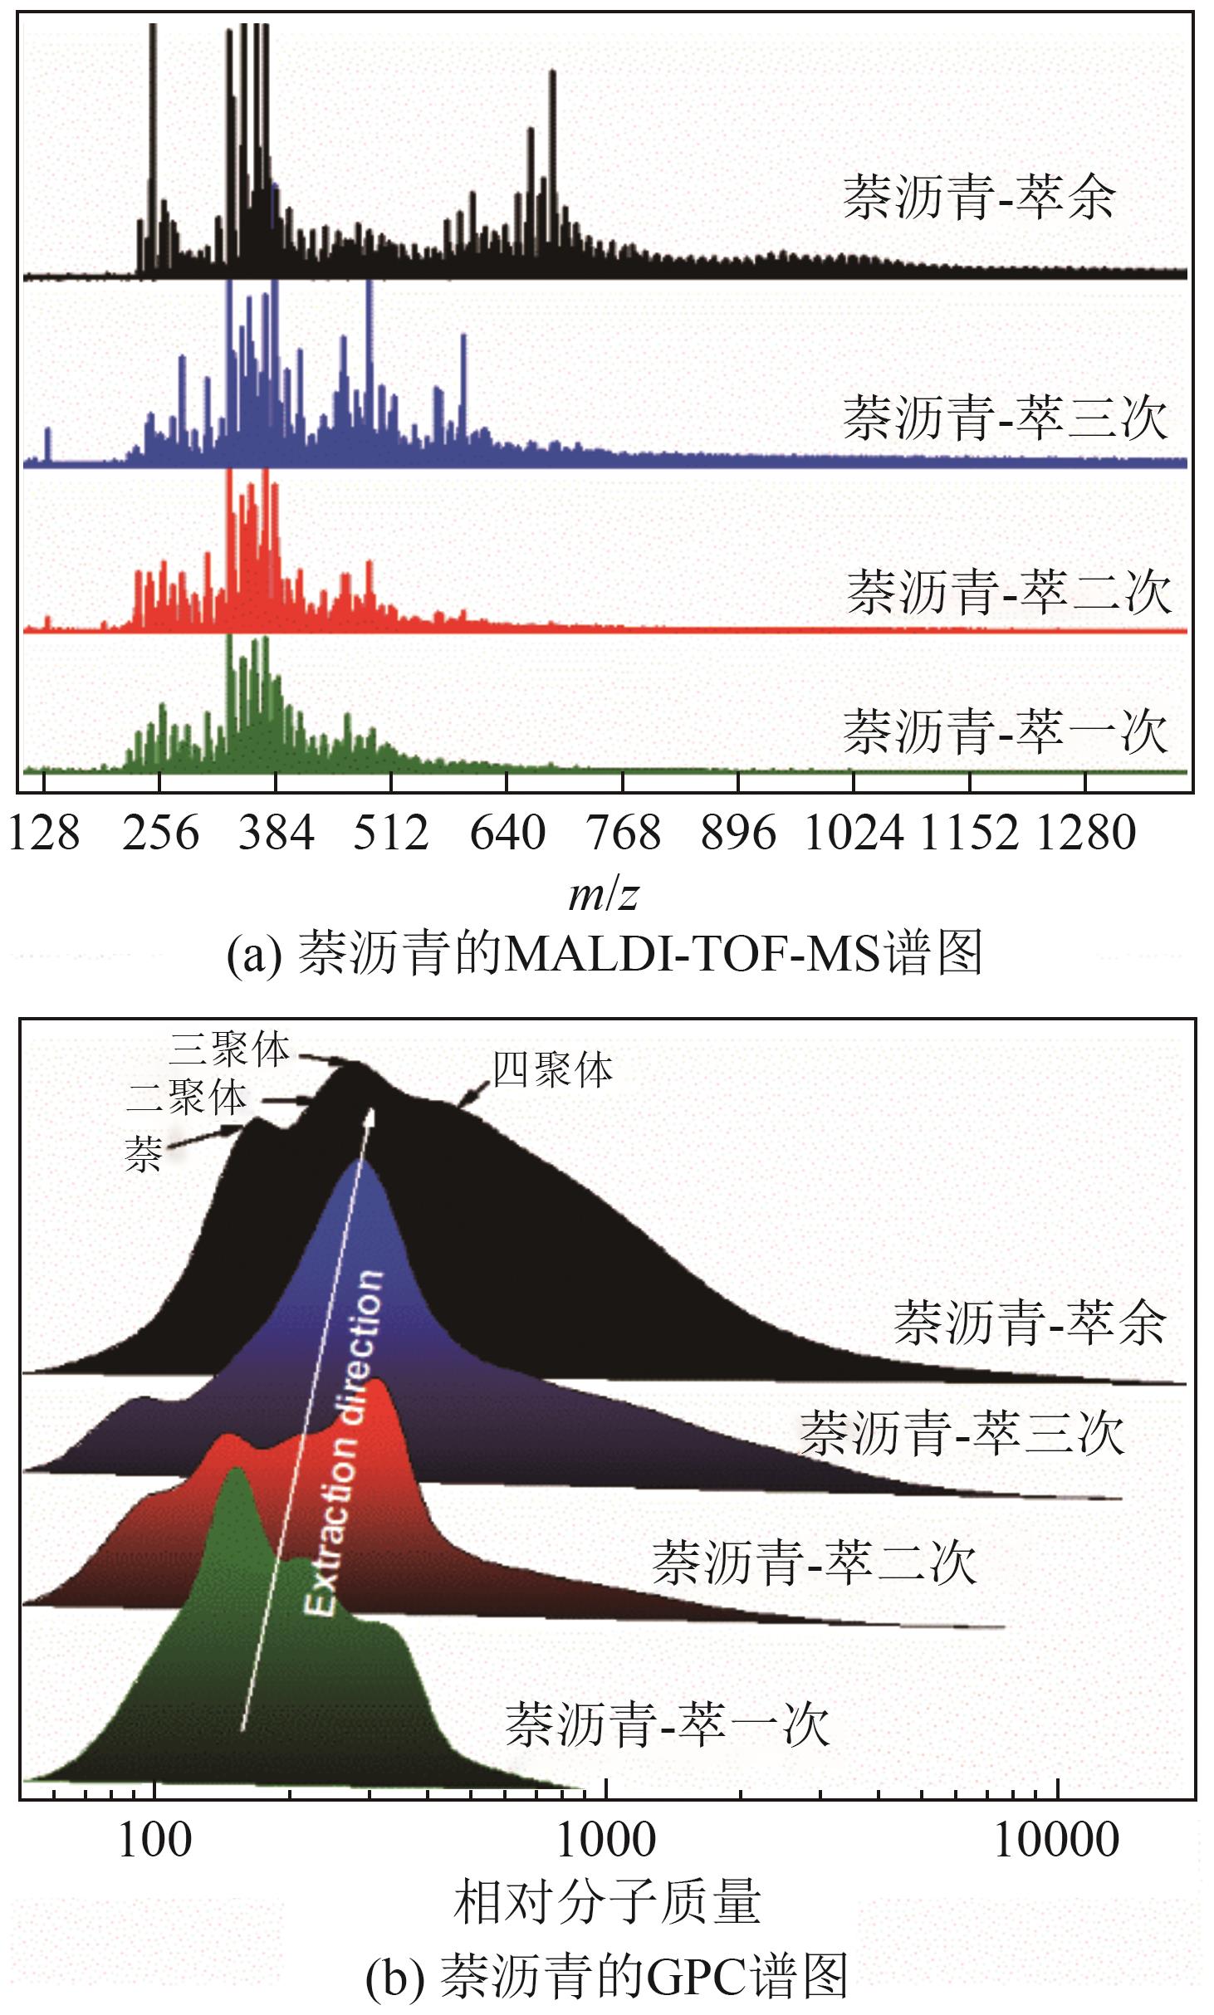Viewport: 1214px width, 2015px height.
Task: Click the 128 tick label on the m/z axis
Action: pyautogui.click(x=44, y=833)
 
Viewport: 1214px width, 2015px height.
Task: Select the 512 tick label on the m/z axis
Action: pyautogui.click(x=391, y=833)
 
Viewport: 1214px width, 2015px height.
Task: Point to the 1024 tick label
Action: pyautogui.click(x=854, y=833)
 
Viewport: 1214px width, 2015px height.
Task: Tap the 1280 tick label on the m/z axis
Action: pyautogui.click(x=1085, y=833)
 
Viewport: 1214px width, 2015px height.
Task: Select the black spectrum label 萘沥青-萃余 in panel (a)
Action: pyautogui.click(x=979, y=198)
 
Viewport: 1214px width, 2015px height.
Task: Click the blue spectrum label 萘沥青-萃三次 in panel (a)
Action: pyautogui.click(x=1006, y=417)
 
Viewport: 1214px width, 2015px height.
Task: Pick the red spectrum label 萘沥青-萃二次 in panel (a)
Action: pyautogui.click(x=1008, y=592)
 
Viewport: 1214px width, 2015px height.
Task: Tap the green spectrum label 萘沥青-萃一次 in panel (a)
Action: pyautogui.click(x=1006, y=731)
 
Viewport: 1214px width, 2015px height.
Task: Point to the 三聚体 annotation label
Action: pyautogui.click(x=230, y=1049)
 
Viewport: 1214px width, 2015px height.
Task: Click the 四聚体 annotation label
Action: pyautogui.click(x=552, y=1070)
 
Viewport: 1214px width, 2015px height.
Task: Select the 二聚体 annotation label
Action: pyautogui.click(x=187, y=1098)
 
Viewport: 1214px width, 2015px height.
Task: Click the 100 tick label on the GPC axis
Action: pyautogui.click(x=155, y=1840)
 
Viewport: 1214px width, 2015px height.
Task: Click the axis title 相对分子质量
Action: pyautogui.click(x=607, y=1902)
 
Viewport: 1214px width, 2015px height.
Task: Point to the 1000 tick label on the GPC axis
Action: pyautogui.click(x=606, y=1840)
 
